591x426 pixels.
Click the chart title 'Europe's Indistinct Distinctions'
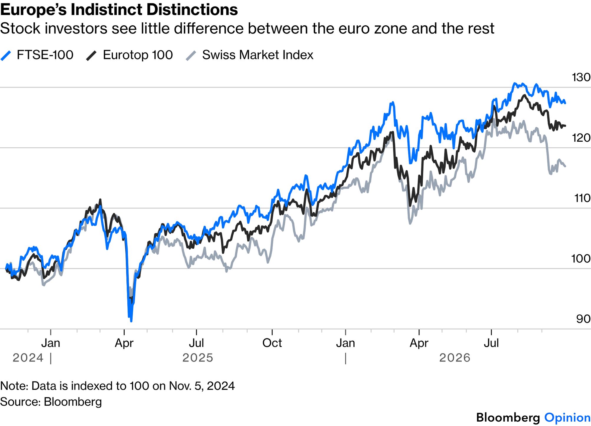coord(119,10)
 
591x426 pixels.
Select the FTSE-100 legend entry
coord(37,55)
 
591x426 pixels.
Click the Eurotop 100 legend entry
coord(129,55)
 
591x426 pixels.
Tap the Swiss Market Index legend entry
coord(250,55)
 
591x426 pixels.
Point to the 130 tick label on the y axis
coord(581,77)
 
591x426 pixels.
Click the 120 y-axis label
coord(581,138)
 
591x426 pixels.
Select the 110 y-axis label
coord(582,198)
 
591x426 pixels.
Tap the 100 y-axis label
coord(581,259)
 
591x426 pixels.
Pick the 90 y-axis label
coord(583,319)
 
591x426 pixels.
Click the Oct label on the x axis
coord(272,343)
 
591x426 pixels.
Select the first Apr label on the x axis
coord(124,343)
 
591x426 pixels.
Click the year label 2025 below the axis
coord(197,358)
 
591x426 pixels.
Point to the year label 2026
coord(455,358)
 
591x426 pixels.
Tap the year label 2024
coord(28,358)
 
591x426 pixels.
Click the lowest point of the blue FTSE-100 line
coord(131,321)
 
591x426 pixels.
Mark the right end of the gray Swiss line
coord(565,166)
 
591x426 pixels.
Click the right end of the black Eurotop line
coord(565,126)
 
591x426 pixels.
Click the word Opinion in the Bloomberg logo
coord(567,418)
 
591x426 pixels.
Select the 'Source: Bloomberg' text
coord(51,402)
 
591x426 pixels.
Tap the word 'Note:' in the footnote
coord(14,386)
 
